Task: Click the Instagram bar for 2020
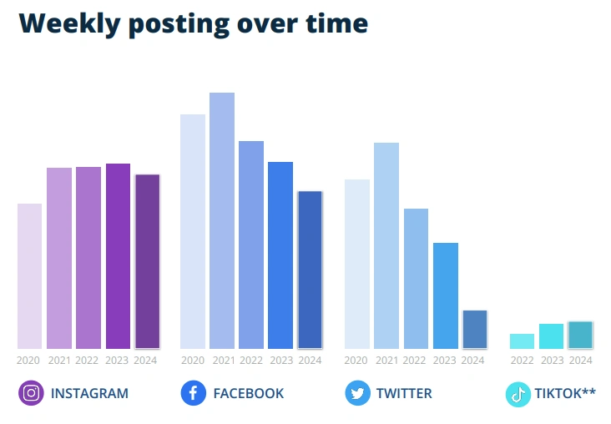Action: tap(29, 275)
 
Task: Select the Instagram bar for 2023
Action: tap(118, 255)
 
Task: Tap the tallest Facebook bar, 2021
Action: tap(221, 220)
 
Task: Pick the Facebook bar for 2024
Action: tap(310, 270)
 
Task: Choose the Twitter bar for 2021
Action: tap(386, 245)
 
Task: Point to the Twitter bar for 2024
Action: tap(474, 329)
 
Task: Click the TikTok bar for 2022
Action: tap(522, 341)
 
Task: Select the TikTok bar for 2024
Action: tap(580, 335)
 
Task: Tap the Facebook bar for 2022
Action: tap(250, 245)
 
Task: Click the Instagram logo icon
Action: tap(31, 393)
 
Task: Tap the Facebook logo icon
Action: tap(193, 393)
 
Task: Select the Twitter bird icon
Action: tap(357, 393)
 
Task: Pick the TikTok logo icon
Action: tap(518, 395)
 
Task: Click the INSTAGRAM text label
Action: tap(89, 393)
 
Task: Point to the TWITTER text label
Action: tap(404, 393)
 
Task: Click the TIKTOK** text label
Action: tap(565, 393)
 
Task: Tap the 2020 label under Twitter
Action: tap(356, 361)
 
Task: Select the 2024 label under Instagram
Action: tap(145, 361)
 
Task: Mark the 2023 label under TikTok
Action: tap(551, 361)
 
